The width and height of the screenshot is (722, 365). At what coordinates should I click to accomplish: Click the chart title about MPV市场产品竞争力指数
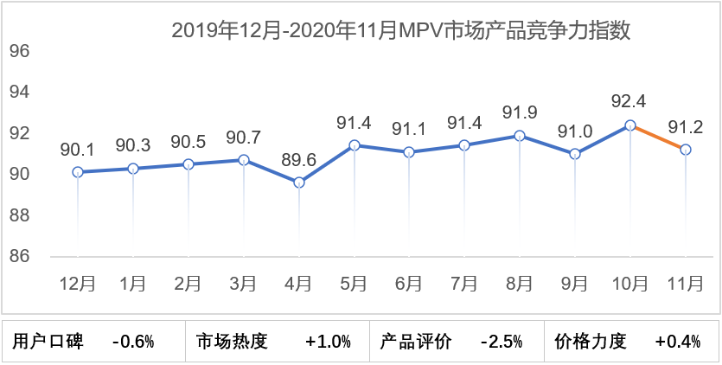point(400,32)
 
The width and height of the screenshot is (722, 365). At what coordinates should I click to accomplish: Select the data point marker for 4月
point(299,182)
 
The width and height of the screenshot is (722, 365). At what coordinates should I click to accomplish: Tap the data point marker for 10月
point(630,125)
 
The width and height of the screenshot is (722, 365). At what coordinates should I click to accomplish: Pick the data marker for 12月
point(78,172)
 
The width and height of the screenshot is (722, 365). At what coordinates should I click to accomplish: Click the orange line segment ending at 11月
point(658,138)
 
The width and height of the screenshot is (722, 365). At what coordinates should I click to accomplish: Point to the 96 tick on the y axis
point(20,51)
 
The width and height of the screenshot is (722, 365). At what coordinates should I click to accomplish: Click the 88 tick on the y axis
point(20,215)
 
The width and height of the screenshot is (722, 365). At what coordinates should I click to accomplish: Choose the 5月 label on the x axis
point(354,283)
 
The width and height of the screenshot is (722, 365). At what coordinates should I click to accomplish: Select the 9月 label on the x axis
point(575,283)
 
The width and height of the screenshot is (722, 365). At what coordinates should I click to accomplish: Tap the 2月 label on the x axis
point(188,283)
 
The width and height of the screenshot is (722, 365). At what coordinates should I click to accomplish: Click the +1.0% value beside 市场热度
point(329,342)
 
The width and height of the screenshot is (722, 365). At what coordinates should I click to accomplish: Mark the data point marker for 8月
point(520,136)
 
